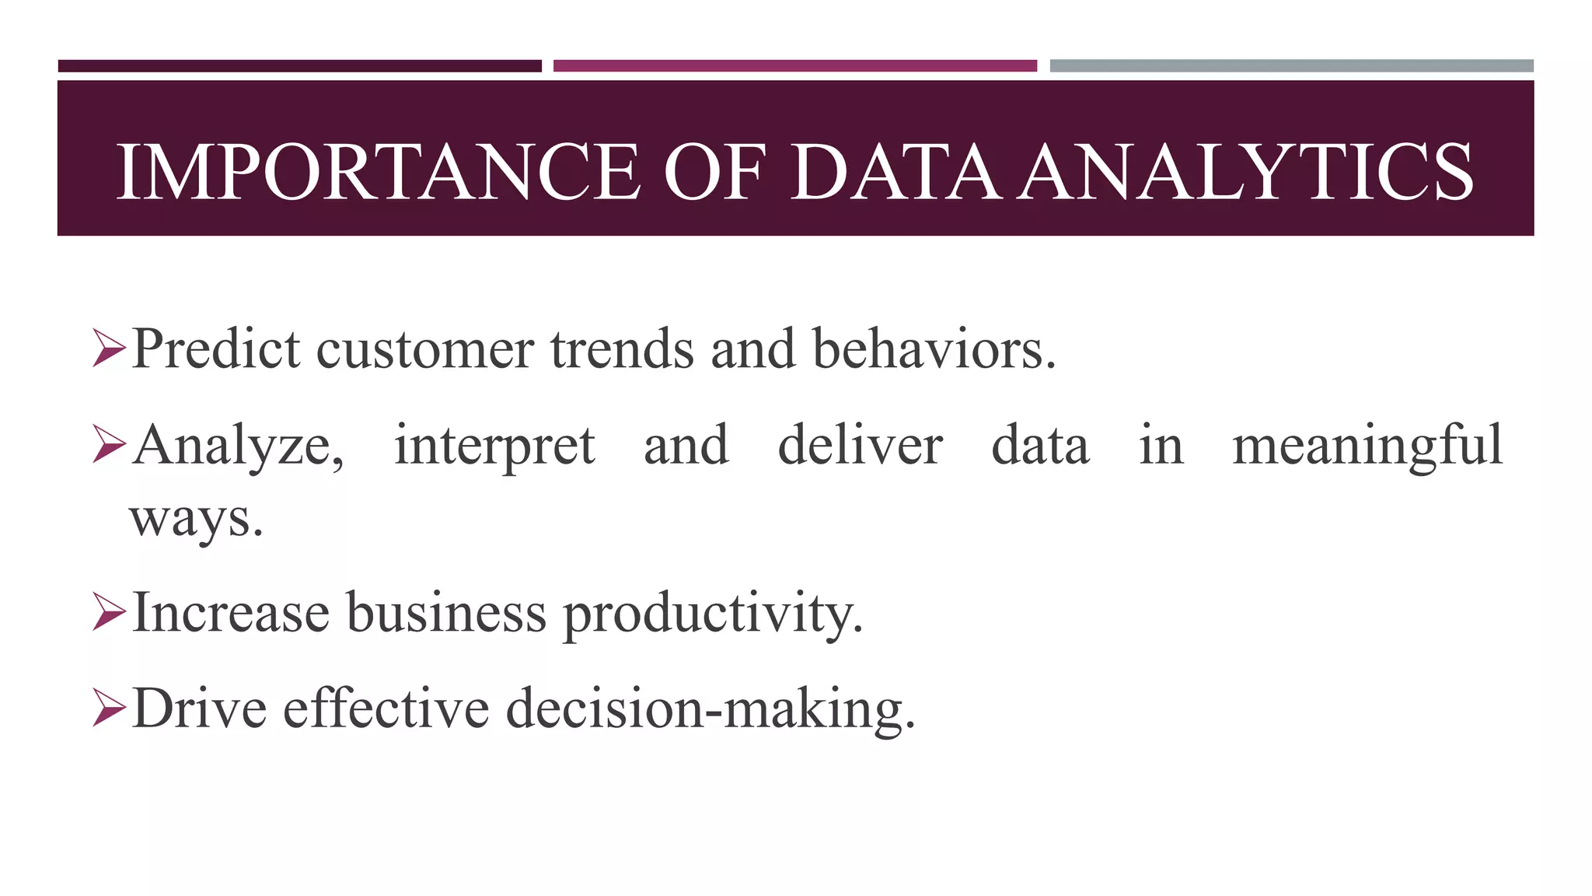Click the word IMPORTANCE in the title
(x=379, y=172)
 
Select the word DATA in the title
(x=895, y=172)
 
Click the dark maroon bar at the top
(x=299, y=66)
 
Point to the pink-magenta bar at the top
(x=794, y=66)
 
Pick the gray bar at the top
(x=1291, y=66)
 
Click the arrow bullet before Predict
(x=109, y=348)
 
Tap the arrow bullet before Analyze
(x=109, y=445)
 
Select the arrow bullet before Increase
(x=109, y=613)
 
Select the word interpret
(x=494, y=446)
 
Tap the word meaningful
(x=1367, y=446)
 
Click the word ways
(x=195, y=520)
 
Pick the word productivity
(x=712, y=614)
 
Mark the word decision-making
(x=710, y=709)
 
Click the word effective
(x=386, y=709)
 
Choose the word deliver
(x=860, y=445)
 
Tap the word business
(x=446, y=613)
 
